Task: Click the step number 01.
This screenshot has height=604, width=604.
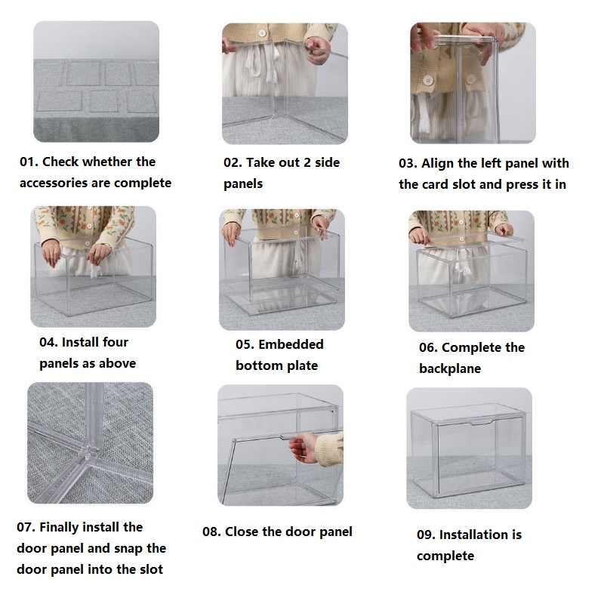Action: (29, 162)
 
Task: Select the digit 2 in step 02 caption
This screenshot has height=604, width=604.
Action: (307, 162)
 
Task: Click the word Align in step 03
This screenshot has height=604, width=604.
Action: (438, 164)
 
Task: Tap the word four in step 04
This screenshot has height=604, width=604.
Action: (115, 342)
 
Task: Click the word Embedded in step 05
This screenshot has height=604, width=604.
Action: (291, 344)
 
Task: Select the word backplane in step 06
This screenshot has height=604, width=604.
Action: (450, 368)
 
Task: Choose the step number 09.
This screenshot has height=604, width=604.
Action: (426, 535)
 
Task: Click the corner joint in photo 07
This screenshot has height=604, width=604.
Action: (90, 451)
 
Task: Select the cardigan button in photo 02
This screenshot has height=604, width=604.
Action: (263, 33)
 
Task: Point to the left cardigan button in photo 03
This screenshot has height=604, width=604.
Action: (427, 80)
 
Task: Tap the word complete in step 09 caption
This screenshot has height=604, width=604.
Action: (445, 556)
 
